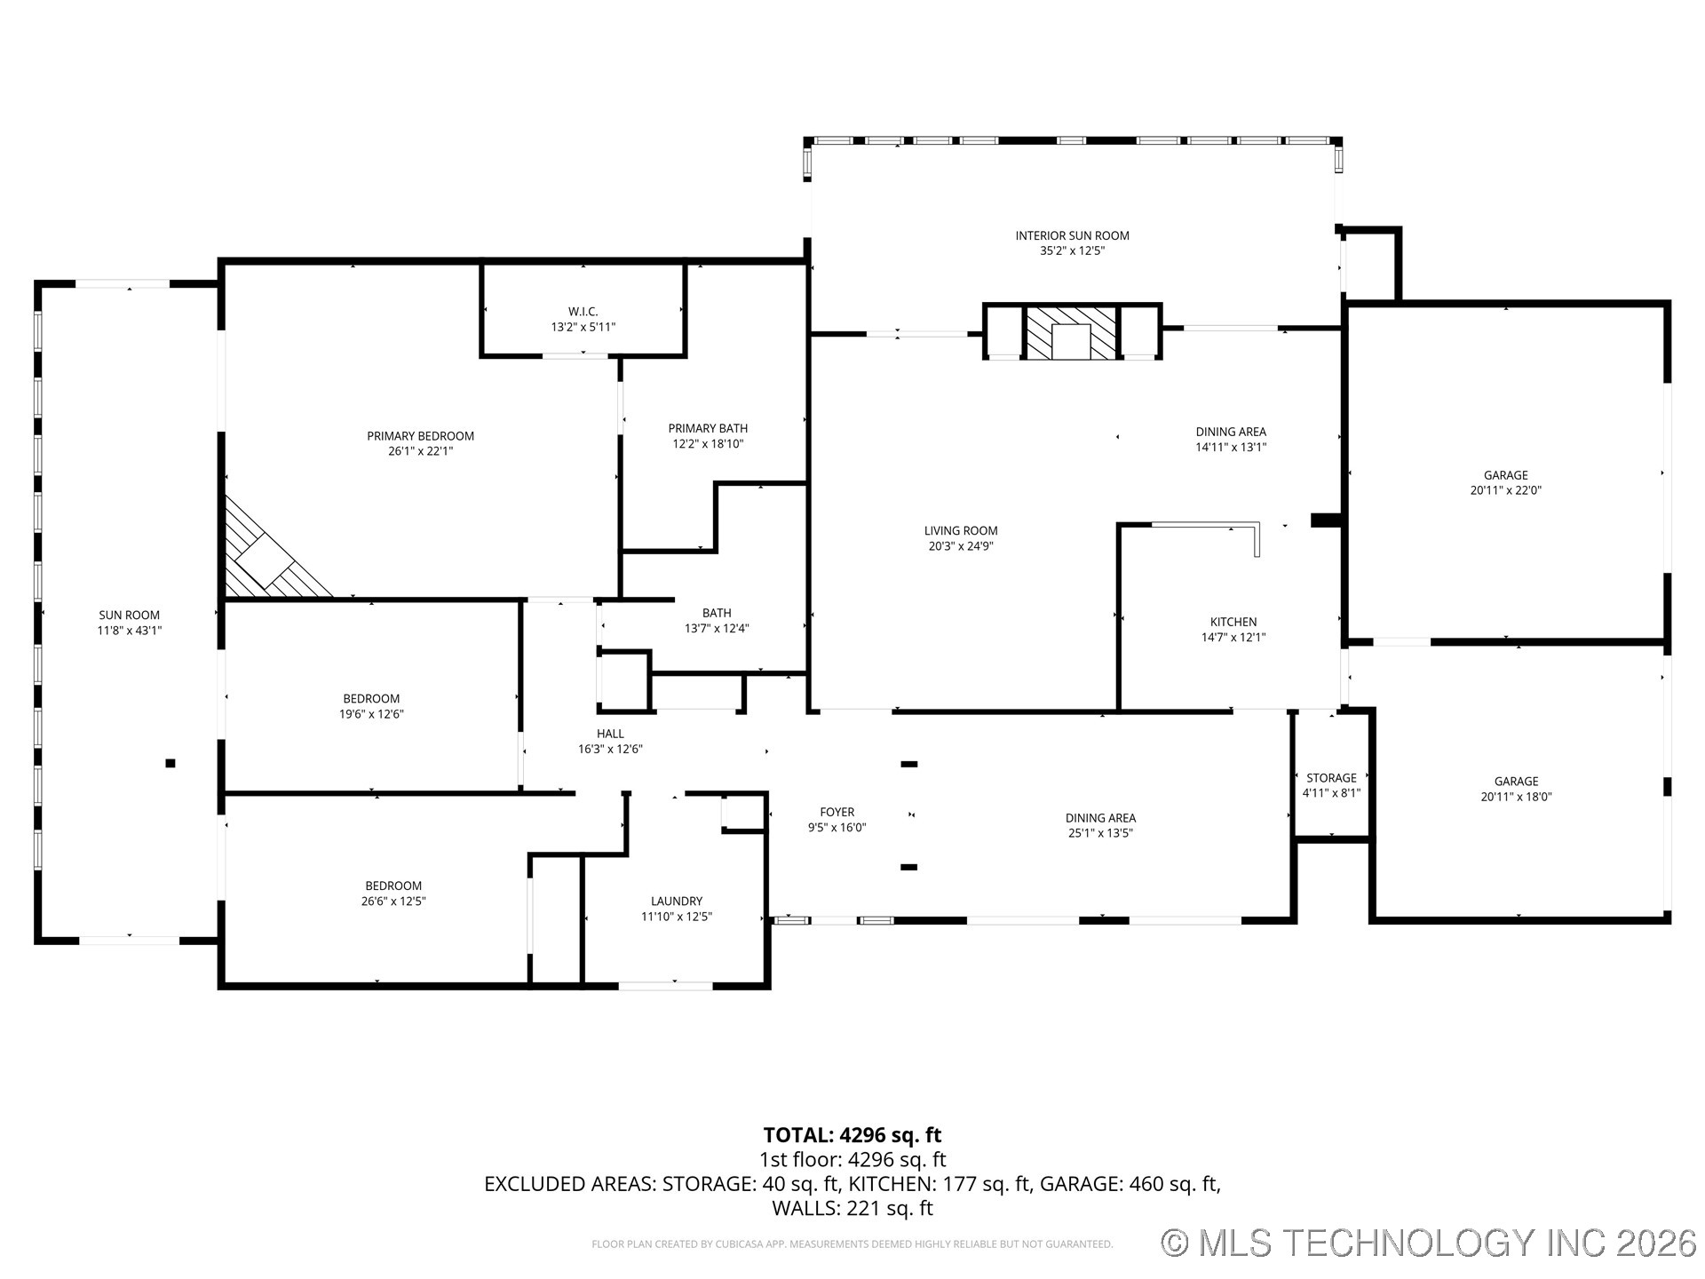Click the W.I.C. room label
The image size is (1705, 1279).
click(x=583, y=311)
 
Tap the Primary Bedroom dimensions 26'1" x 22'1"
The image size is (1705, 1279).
click(x=420, y=451)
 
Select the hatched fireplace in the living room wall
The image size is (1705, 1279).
click(x=1071, y=333)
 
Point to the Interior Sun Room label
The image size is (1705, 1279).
click(x=1072, y=235)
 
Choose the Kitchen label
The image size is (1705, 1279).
click(x=1233, y=622)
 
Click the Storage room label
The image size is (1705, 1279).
click(x=1330, y=778)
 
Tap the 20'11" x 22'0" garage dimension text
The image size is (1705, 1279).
click(x=1505, y=490)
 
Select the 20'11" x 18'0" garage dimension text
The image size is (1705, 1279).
click(x=1516, y=797)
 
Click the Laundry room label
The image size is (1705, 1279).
click(x=676, y=901)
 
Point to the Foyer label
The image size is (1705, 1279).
click(x=837, y=812)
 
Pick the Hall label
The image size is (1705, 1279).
click(x=610, y=734)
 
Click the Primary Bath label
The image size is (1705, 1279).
click(x=708, y=428)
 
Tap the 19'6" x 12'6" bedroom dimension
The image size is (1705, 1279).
click(x=371, y=714)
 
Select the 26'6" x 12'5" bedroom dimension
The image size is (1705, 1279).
click(x=393, y=901)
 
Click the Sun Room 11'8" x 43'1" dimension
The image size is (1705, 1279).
click(x=130, y=631)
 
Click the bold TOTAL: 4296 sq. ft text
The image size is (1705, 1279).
click(x=852, y=1135)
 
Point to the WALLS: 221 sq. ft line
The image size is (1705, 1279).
click(x=852, y=1208)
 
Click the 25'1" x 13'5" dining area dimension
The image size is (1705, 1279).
click(x=1100, y=833)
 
